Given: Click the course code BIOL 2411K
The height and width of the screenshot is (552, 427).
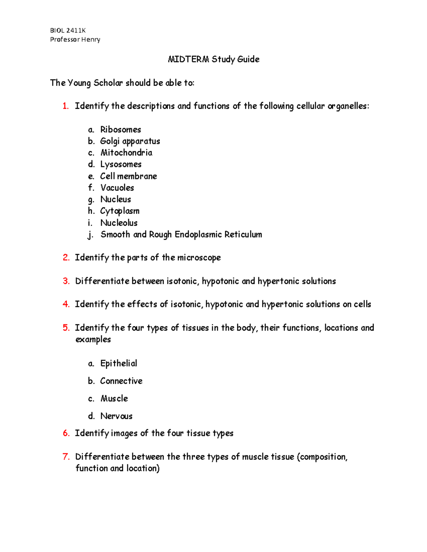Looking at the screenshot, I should [x=68, y=31].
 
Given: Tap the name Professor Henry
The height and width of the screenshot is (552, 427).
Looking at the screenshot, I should [x=75, y=39].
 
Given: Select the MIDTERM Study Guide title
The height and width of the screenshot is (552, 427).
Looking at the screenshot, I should [x=213, y=59].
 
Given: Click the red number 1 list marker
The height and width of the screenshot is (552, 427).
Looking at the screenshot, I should [x=65, y=106].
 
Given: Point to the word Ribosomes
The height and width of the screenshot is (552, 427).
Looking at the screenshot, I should [x=121, y=130].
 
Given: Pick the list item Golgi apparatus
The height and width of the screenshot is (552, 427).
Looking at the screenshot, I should [x=130, y=141].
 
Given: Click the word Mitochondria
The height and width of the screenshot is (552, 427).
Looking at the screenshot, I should [x=126, y=153].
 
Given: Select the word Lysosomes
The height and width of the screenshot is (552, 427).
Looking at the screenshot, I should [x=121, y=165].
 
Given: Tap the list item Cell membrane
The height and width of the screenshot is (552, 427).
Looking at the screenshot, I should [x=128, y=176].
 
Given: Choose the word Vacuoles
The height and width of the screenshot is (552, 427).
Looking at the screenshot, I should [x=117, y=188].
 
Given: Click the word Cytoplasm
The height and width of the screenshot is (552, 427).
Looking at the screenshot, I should [x=120, y=211].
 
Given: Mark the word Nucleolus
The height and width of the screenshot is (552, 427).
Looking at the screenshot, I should [x=119, y=223].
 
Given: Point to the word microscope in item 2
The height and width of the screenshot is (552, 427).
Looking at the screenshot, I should [x=199, y=258].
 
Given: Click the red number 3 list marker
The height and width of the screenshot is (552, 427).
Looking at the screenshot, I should [x=66, y=281].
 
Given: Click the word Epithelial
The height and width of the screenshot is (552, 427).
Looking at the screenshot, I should [x=118, y=363].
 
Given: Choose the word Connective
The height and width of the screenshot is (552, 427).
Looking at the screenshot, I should [x=121, y=381].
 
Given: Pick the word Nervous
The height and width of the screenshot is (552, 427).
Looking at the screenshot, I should [x=116, y=416].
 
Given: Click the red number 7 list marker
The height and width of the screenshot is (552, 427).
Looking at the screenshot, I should [x=66, y=457].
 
